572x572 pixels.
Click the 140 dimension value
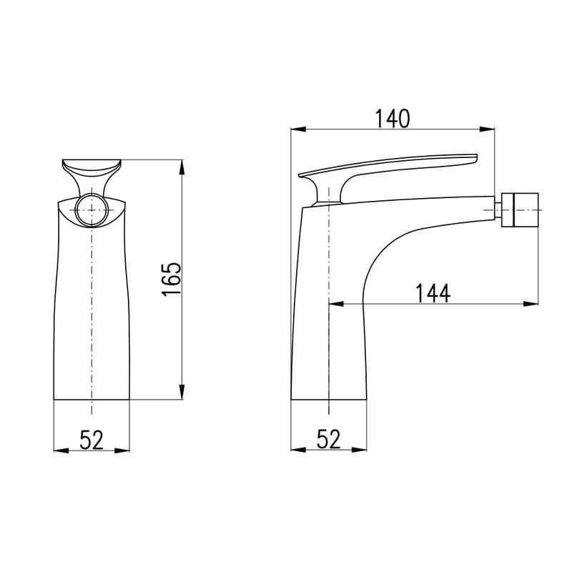(x=393, y=119)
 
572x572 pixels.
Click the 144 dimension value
(x=433, y=293)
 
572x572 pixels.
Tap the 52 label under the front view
(x=92, y=440)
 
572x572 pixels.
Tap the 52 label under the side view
(x=328, y=439)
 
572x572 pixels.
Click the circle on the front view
(x=92, y=210)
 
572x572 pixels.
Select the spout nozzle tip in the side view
(x=520, y=209)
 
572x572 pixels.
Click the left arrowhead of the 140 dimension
(x=298, y=129)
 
